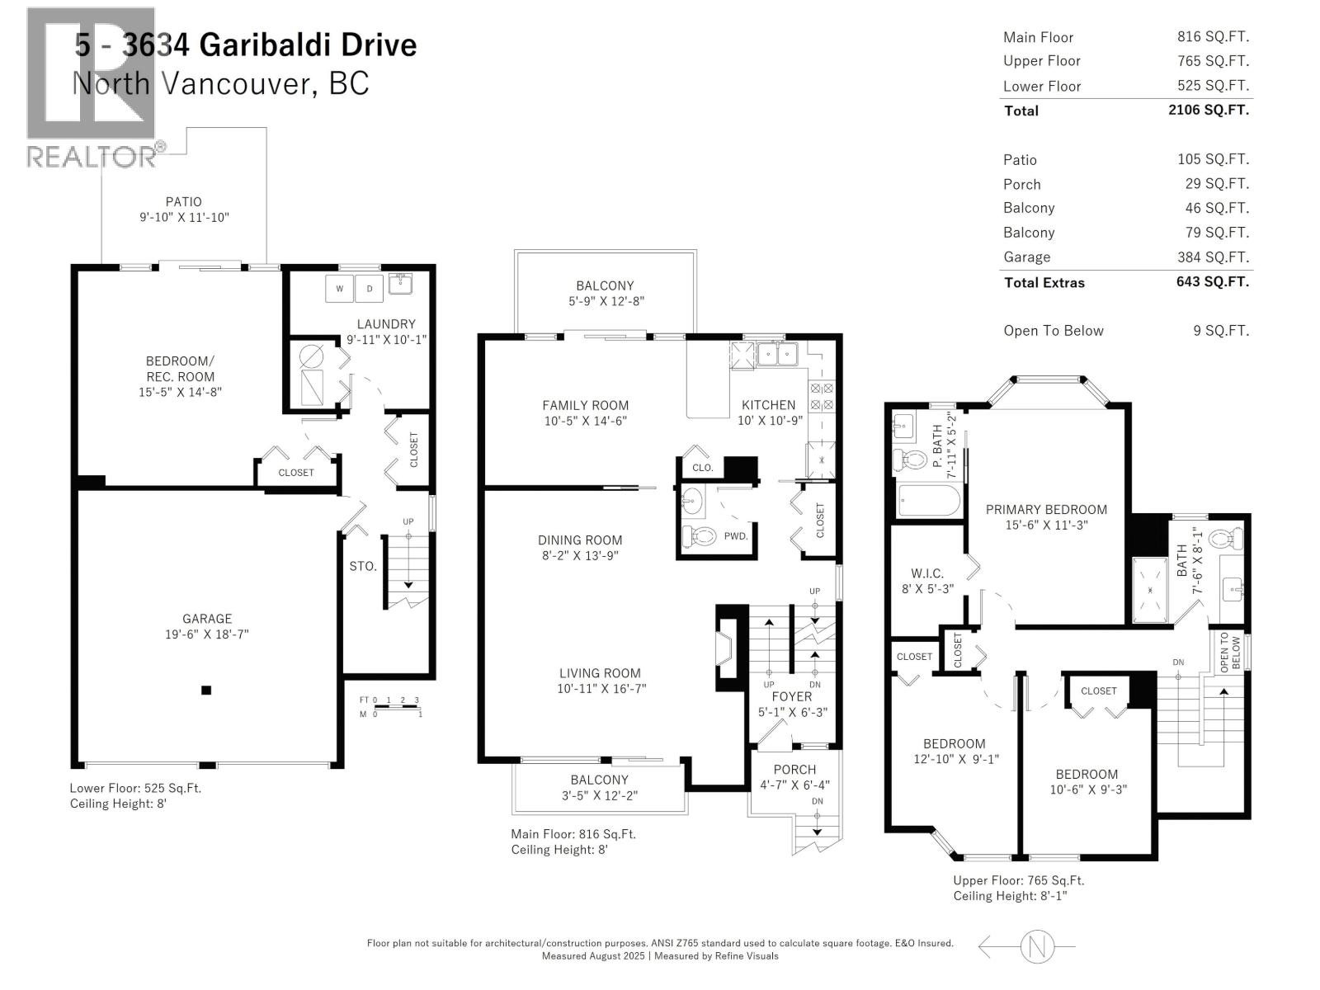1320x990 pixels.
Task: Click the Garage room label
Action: pos(207,619)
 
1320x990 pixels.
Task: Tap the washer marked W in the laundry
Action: pos(339,289)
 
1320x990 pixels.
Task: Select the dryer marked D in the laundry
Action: pos(369,289)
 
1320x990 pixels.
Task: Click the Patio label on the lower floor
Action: pos(183,201)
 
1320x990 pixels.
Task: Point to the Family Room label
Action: pos(585,405)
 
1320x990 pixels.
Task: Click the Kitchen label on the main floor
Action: pos(768,405)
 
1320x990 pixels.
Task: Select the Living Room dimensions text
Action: pos(599,689)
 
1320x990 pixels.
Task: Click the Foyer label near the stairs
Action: pos(792,696)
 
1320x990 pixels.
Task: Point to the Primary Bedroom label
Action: pos(1046,509)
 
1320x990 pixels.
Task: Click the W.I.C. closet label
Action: pos(927,573)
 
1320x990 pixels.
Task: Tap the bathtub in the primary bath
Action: pos(929,500)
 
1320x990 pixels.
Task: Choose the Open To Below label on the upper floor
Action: pos(1229,651)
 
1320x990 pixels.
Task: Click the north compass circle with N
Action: pos(1038,945)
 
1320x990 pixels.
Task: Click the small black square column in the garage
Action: pos(206,691)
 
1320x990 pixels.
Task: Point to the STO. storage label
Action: pos(363,566)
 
